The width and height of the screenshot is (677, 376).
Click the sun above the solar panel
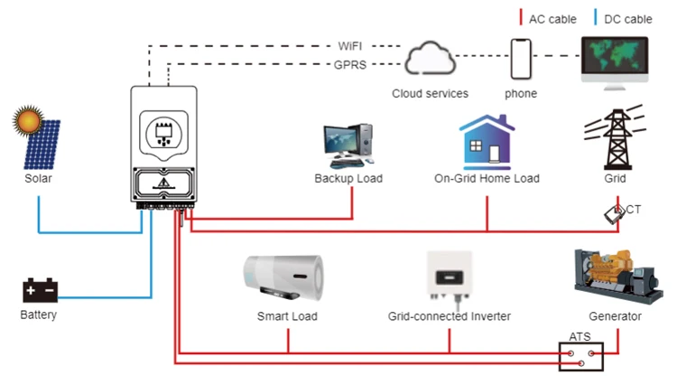pos(28,120)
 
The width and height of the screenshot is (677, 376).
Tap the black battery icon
pos(40,290)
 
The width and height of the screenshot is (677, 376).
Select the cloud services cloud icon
pos(430,59)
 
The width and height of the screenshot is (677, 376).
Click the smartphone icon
pos(521,60)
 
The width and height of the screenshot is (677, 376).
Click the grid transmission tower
pos(616,138)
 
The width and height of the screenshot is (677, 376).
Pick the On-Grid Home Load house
pos(487,142)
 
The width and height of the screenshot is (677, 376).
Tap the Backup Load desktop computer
pos(348,146)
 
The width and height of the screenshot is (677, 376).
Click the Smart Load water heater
pos(283,277)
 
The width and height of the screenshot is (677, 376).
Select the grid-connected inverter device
pos(449,277)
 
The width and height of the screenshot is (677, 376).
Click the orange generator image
pos(617,277)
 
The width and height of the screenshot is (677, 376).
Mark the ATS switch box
pos(580,356)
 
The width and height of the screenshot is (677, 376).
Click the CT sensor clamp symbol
pos(614,214)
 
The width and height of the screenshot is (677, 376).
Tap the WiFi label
pos(349,46)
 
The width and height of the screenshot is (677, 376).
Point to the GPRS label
pos(349,65)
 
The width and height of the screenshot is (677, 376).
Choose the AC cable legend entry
pos(548,19)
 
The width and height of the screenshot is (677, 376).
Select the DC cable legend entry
pos(623,19)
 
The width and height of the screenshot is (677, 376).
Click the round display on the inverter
pos(163,133)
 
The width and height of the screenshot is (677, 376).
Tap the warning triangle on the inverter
pos(163,183)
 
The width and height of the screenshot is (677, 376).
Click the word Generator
pos(615,316)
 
